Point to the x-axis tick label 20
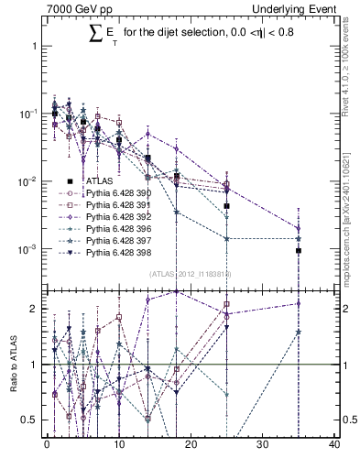click(191, 446)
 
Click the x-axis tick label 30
click(263, 446)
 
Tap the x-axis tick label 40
click(334, 446)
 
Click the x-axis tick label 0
click(47, 446)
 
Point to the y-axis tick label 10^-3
click(29, 249)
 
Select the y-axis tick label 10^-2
click(29, 181)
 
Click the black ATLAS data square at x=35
click(299, 250)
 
